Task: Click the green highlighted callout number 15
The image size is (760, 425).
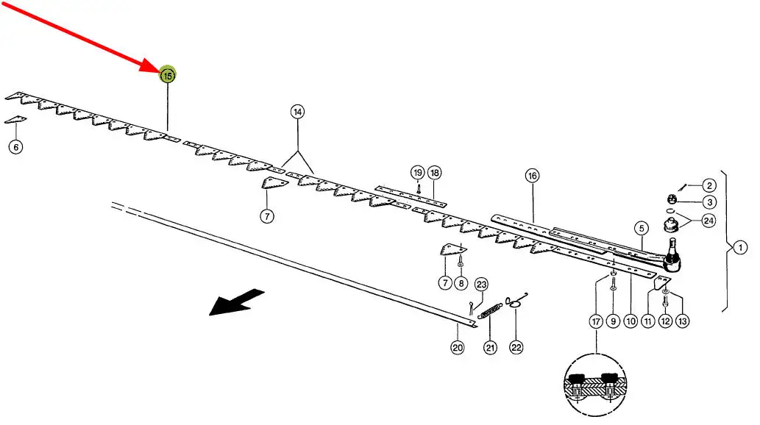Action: [168, 75]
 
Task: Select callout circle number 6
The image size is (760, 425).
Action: [16, 147]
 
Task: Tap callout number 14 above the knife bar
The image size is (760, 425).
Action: [297, 113]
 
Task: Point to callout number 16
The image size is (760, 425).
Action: [532, 176]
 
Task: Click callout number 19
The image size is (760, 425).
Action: [417, 174]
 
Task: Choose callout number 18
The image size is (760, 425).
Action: [434, 174]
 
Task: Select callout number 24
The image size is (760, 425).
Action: [708, 220]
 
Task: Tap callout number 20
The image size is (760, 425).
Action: [457, 348]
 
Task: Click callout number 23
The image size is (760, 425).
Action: [482, 285]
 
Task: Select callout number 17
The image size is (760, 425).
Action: [595, 321]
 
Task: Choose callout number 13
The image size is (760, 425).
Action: [683, 321]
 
